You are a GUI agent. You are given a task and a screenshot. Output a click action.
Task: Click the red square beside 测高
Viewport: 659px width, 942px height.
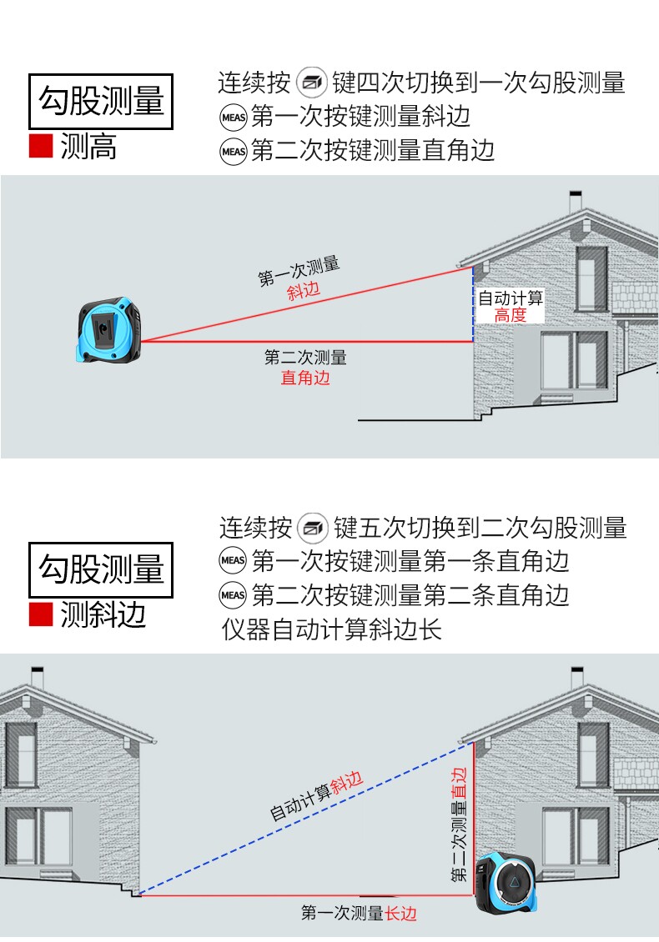[x=41, y=146]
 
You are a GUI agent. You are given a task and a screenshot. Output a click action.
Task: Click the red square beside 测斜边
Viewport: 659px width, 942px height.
[x=41, y=614]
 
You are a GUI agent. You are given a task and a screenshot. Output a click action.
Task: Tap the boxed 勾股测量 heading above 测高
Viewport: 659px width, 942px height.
[x=101, y=102]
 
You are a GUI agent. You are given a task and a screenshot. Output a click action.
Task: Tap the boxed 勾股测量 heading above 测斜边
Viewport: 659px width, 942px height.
[x=101, y=570]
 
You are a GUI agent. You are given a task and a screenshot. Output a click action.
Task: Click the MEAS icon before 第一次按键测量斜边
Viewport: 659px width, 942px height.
[x=234, y=118]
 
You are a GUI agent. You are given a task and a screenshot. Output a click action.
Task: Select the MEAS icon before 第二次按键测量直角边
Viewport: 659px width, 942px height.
[x=234, y=152]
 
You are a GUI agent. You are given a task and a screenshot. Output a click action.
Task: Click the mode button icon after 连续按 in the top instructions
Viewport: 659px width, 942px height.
[x=311, y=83]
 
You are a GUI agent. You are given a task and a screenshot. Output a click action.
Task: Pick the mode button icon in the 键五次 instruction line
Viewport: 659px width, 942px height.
[x=313, y=528]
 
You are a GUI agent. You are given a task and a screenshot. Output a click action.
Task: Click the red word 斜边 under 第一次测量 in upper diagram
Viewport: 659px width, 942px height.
[x=304, y=292]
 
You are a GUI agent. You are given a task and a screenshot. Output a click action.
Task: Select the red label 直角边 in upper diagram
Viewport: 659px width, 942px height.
[x=305, y=378]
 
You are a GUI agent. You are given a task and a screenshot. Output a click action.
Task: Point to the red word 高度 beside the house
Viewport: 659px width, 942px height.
[x=511, y=315]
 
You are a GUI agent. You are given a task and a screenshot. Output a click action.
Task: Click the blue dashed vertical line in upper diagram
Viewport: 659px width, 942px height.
[x=473, y=304]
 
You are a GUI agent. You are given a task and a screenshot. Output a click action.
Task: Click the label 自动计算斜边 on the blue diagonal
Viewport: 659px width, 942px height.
[x=316, y=796]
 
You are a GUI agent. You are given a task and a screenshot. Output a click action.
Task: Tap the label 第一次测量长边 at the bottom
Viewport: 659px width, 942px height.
[x=359, y=913]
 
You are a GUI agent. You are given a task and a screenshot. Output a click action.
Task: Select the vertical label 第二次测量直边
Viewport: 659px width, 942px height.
[x=459, y=824]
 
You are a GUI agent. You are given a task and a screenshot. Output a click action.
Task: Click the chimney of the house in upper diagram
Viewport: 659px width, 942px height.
[x=576, y=201]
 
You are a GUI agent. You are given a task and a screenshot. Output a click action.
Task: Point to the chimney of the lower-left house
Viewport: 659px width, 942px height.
[x=38, y=676]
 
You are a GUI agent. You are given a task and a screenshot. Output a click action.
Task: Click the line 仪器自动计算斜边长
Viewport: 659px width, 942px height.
[x=331, y=629]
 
